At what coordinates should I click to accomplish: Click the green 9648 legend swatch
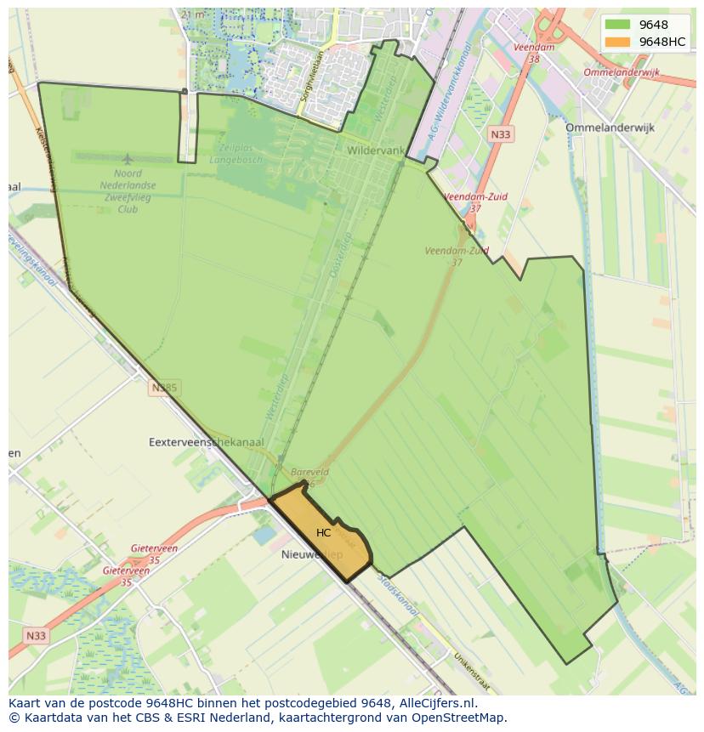click(617, 25)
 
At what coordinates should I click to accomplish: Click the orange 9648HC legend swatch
click(617, 42)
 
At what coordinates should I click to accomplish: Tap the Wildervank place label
click(376, 150)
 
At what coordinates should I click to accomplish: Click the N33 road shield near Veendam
click(501, 134)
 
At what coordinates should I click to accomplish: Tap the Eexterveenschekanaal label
click(206, 442)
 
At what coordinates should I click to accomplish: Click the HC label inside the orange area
click(323, 533)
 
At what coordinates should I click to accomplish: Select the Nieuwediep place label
click(311, 554)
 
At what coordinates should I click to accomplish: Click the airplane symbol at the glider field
click(128, 159)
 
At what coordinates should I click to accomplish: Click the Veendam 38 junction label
click(534, 53)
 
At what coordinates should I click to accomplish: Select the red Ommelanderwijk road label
click(622, 73)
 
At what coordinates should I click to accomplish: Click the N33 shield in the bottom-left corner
click(36, 635)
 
